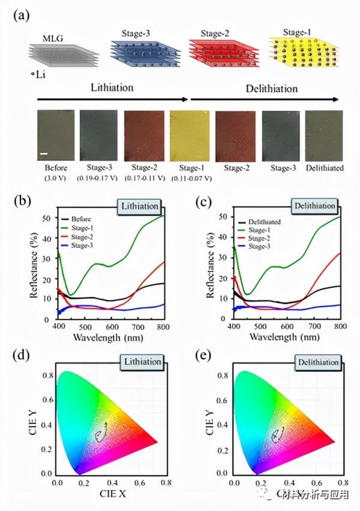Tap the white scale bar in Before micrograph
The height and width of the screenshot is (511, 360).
click(x=44, y=154)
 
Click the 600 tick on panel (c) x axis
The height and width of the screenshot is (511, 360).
click(x=287, y=327)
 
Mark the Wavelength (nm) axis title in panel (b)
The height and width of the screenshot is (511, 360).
click(x=108, y=338)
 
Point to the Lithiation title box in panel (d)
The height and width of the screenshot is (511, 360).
click(x=140, y=362)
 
